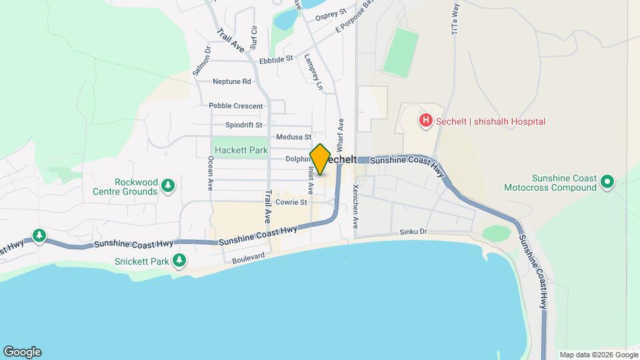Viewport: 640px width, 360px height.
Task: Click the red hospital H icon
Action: (425, 121)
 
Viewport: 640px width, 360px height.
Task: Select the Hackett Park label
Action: (240, 151)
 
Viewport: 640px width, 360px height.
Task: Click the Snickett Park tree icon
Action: (179, 261)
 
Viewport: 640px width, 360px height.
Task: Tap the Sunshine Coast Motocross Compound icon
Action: (607, 181)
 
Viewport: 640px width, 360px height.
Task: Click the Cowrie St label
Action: (291, 202)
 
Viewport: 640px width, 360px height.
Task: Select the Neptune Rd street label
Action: (231, 82)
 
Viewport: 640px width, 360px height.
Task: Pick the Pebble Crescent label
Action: (235, 105)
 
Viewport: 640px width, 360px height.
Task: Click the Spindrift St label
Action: (243, 125)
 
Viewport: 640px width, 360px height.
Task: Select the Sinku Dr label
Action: (413, 231)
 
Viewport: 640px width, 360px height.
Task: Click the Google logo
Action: (22, 352)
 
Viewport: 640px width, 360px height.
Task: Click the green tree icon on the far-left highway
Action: (39, 235)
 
